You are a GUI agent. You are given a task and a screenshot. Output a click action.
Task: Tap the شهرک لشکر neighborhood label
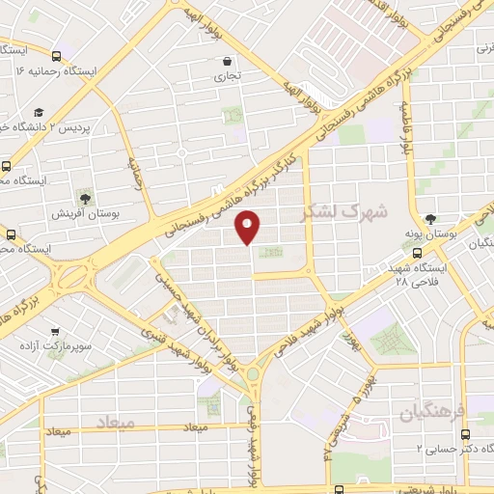click(x=344, y=210)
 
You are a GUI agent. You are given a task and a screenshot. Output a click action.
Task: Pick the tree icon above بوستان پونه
click(x=430, y=219)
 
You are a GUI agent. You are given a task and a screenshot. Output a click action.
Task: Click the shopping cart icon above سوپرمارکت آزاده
click(x=56, y=329)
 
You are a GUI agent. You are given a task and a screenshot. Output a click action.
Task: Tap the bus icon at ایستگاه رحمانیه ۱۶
click(x=57, y=56)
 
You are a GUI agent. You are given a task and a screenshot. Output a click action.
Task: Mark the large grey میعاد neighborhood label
click(x=115, y=423)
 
